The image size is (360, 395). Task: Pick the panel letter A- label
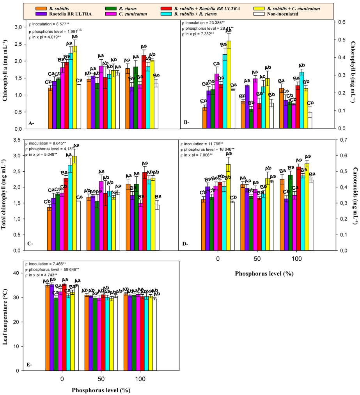pyautogui.click(x=31, y=123)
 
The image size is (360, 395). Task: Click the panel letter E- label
pyautogui.click(x=30, y=364)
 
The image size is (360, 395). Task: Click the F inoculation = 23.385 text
pyautogui.click(x=202, y=23)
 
